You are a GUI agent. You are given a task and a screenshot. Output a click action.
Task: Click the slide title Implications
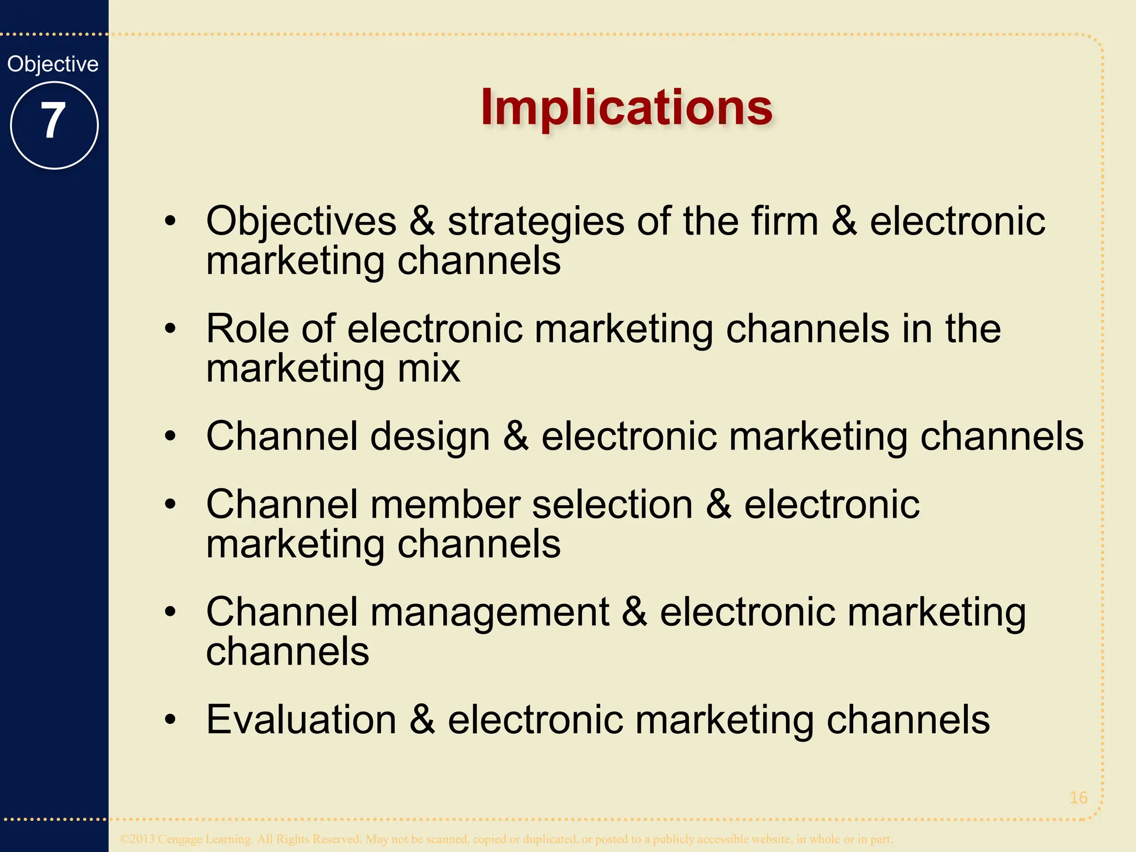626,107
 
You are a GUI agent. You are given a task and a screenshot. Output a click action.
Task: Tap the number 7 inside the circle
53,120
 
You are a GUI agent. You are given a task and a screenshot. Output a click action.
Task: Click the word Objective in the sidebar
53,64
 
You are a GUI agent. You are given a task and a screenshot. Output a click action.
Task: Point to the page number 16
1078,798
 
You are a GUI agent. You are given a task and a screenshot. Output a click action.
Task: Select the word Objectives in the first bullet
301,222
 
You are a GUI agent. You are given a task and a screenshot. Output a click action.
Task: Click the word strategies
536,222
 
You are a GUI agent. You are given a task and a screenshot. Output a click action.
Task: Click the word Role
247,328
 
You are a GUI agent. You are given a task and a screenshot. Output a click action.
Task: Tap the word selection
612,505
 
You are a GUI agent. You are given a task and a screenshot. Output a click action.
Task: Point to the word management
490,613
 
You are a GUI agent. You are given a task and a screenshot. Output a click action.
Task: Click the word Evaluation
301,720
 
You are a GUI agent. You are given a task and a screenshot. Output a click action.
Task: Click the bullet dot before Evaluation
170,720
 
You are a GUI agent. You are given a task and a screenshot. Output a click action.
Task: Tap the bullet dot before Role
170,329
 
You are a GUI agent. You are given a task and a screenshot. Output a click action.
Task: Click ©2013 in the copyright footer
138,839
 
